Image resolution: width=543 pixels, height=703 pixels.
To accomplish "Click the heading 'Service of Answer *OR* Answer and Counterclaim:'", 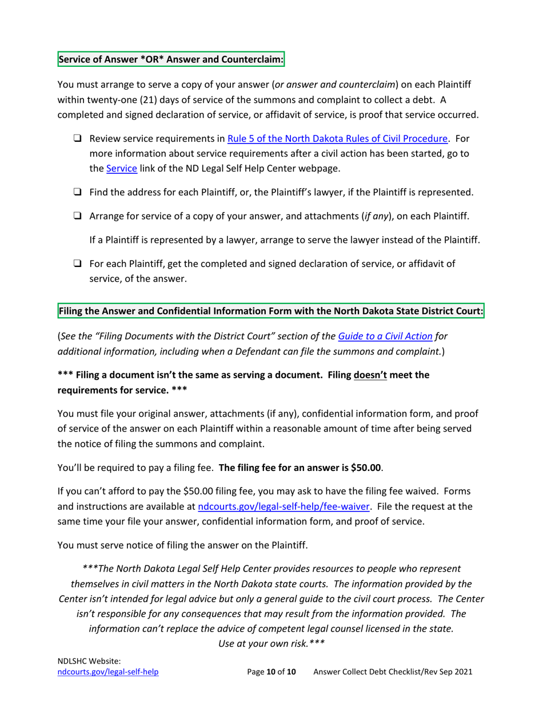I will (171, 59).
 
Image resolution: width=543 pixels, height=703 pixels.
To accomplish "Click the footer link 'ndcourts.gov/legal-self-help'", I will (108, 673).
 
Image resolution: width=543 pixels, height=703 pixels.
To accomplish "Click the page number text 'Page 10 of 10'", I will (271, 673).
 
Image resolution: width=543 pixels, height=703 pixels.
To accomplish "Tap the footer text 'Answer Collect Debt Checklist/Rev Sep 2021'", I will (393, 673).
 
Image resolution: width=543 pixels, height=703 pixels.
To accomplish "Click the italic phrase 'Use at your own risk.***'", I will (271, 642).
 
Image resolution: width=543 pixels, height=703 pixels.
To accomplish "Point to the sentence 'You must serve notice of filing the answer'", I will (183, 545).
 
